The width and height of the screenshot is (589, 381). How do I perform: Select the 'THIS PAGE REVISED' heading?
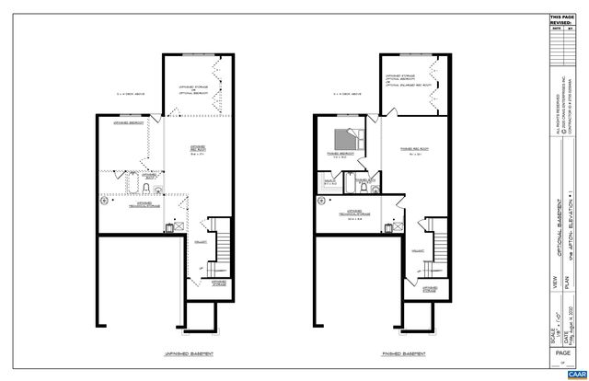[x=560, y=20]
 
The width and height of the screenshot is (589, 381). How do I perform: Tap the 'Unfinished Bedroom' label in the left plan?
[x=125, y=122]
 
